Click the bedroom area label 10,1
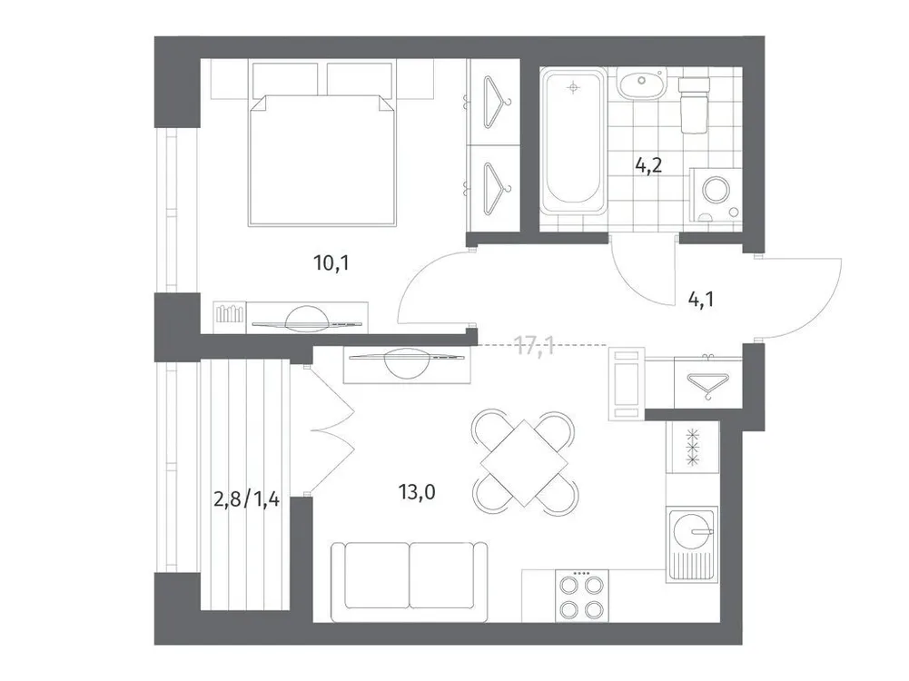[331, 264]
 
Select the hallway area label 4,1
[699, 297]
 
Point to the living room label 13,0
[418, 493]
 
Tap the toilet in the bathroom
[695, 102]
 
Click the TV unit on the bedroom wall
[293, 317]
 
